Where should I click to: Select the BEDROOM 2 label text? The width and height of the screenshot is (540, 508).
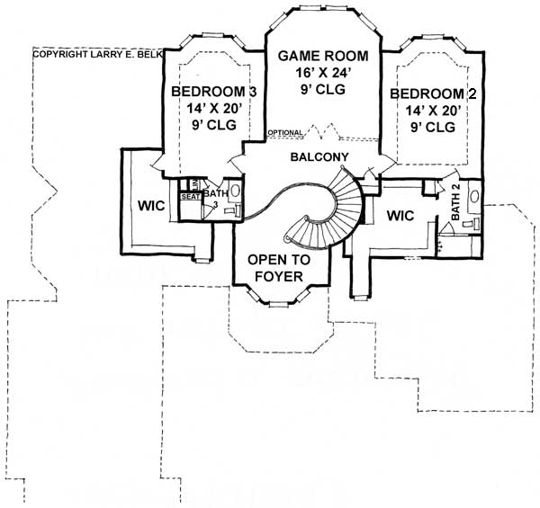tap(433, 94)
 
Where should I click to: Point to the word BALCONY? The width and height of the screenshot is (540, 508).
tap(320, 157)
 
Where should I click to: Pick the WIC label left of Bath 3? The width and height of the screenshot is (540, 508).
tap(150, 206)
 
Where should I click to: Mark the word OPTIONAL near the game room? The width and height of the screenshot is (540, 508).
tap(285, 134)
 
